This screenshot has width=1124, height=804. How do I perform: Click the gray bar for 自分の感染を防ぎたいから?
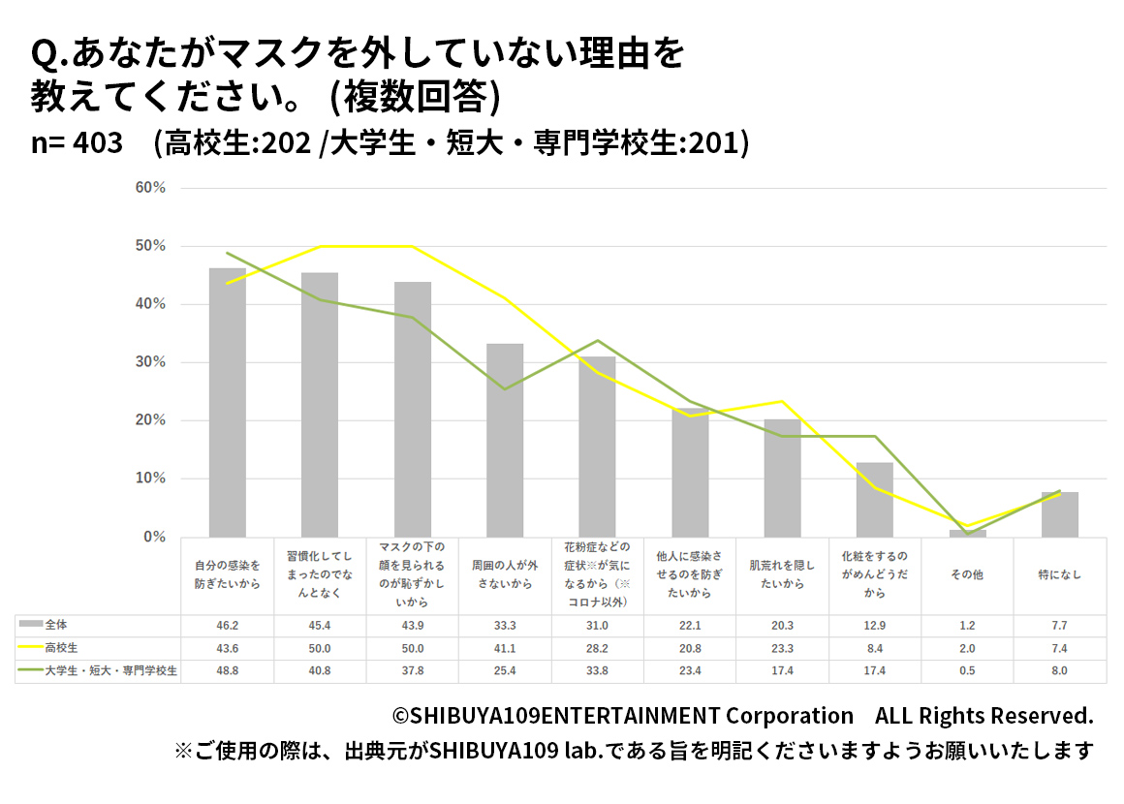228,402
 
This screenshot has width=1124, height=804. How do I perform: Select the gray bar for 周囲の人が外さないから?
505,440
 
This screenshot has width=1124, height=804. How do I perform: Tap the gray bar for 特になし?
1060,514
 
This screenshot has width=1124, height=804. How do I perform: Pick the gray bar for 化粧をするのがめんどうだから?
875,500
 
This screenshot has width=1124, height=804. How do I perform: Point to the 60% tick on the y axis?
151,188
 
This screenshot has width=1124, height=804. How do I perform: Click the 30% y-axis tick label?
151,362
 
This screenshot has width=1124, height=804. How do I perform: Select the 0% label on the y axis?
155,537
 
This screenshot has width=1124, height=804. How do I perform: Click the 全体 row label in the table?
56,626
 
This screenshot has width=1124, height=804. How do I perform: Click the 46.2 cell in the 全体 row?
228,627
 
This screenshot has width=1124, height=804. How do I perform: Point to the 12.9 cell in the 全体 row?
875,627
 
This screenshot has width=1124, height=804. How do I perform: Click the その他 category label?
967,574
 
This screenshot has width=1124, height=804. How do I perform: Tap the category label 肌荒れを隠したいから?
782,574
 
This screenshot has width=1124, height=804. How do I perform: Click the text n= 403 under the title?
78,142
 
